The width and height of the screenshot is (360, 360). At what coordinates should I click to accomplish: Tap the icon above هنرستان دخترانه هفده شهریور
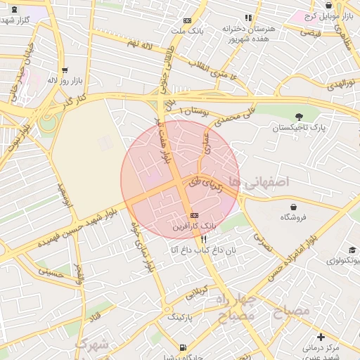247,18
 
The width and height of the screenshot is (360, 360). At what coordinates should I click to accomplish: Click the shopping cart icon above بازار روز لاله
65,70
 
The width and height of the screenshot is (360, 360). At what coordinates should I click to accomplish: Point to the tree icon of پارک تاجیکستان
300,117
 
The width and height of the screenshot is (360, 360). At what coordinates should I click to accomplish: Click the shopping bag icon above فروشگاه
293,207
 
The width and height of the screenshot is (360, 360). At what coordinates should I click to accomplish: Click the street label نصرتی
262,243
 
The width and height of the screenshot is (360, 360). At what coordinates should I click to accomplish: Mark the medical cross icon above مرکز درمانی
321,337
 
